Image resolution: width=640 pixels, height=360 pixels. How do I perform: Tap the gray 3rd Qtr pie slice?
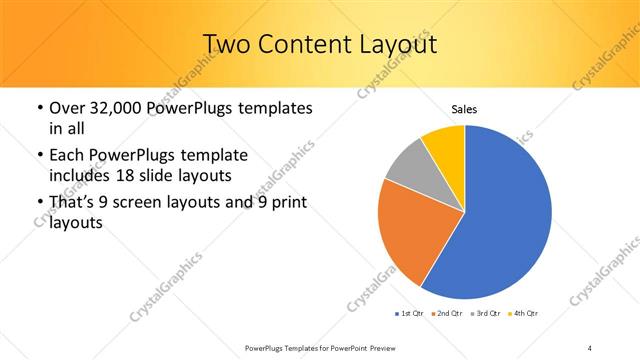[407, 164]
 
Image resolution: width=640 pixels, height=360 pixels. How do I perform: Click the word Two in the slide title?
[226, 44]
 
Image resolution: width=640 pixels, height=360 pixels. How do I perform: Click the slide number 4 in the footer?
[590, 347]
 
